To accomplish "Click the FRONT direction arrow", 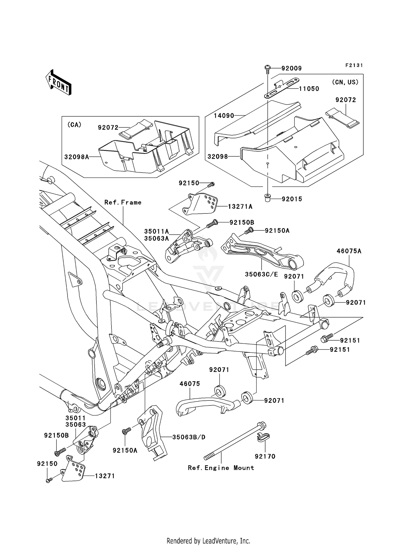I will [58, 83].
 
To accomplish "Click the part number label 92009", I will [291, 68].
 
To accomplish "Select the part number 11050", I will [309, 89].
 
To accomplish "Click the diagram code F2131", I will [354, 65].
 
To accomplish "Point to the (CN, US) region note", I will [345, 82].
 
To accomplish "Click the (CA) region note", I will [74, 125].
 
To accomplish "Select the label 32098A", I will [77, 157].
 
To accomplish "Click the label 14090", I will [224, 115].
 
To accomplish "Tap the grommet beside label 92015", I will [267, 198].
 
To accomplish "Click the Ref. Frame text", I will [123, 203].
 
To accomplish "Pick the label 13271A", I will [240, 206].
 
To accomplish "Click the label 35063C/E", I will [261, 274].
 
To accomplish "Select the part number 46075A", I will [349, 251].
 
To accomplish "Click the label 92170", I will [265, 456].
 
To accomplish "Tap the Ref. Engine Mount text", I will [221, 468].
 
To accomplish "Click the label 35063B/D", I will [189, 437].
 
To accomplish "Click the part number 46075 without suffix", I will [190, 384].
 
